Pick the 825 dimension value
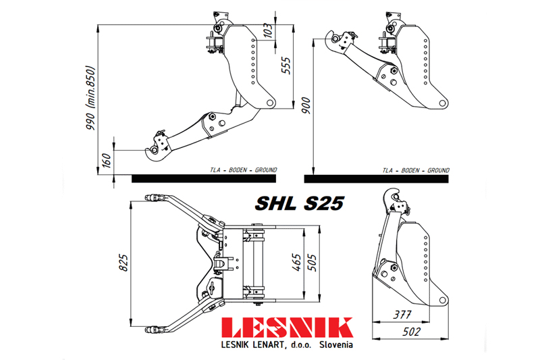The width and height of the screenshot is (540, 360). (x=122, y=259)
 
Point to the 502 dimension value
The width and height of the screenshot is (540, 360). (x=409, y=332)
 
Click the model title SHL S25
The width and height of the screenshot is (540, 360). (x=300, y=203)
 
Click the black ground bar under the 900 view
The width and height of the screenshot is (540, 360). (x=376, y=179)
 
